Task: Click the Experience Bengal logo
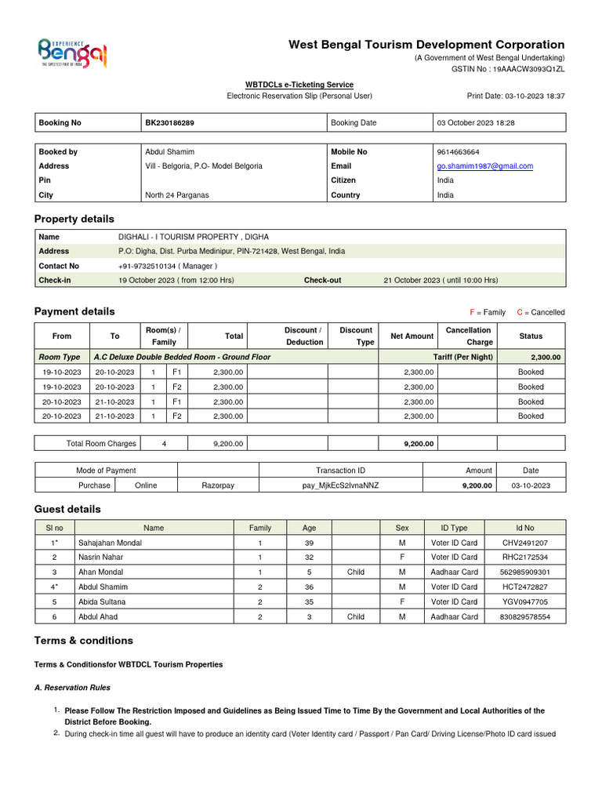click(x=72, y=53)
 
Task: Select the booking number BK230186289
click(x=170, y=123)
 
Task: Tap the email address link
click(x=484, y=166)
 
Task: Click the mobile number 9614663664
click(x=459, y=152)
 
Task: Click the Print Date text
click(x=516, y=96)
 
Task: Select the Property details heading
click(x=74, y=219)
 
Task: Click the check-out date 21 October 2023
click(x=441, y=280)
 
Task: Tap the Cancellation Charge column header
click(x=468, y=336)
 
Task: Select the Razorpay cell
click(x=218, y=485)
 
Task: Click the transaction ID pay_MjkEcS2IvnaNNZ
click(x=340, y=485)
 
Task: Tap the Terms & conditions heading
click(x=84, y=641)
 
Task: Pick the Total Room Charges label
click(x=101, y=444)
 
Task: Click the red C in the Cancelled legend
click(x=520, y=312)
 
